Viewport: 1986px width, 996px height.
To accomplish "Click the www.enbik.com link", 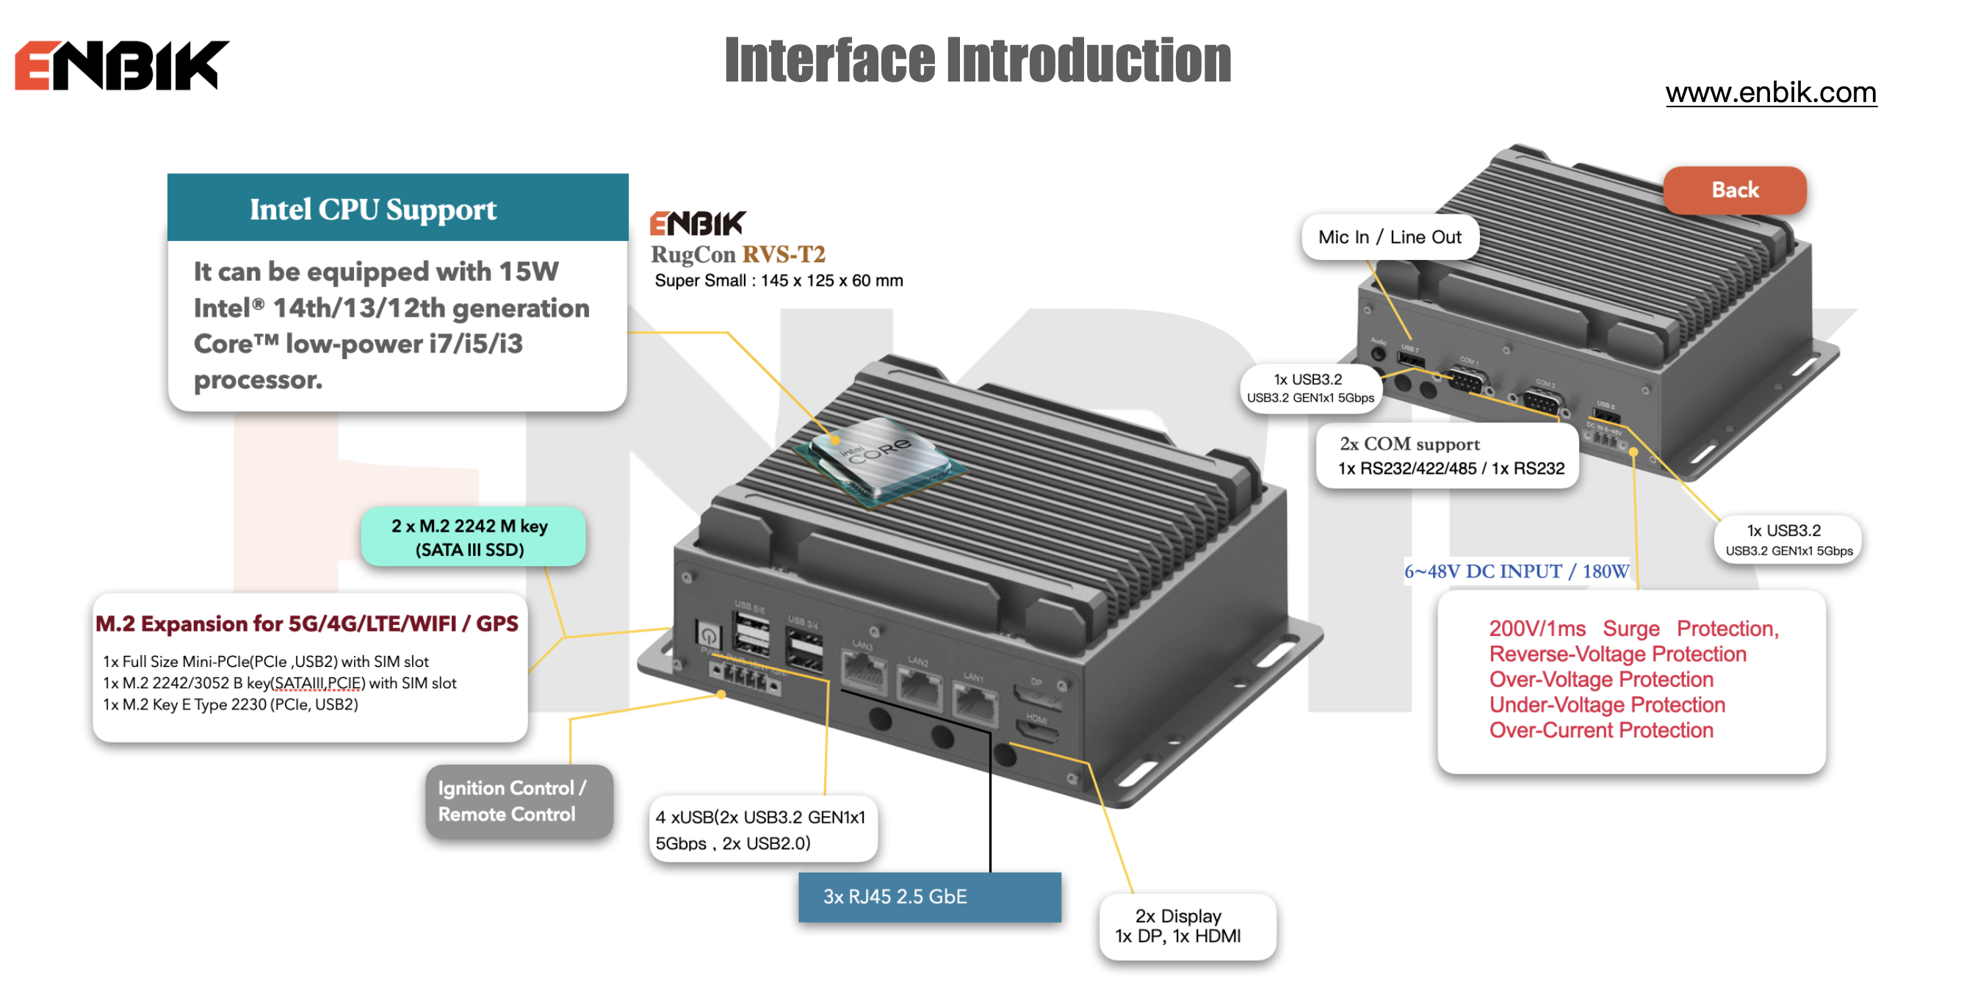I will click(x=1770, y=93).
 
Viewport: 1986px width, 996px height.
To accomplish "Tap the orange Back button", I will click(x=1734, y=190).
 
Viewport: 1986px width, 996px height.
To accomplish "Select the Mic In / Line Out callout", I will click(x=1390, y=237).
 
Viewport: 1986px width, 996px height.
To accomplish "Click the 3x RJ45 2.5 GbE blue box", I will click(x=929, y=897).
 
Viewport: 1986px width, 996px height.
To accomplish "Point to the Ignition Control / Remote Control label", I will click(x=519, y=801).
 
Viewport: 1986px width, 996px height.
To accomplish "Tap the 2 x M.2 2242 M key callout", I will click(x=472, y=538).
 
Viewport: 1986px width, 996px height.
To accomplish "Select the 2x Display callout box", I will click(x=1186, y=925).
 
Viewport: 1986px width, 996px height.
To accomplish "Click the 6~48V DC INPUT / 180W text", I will click(x=1516, y=571).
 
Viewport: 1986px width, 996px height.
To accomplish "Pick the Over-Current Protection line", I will click(x=1600, y=730).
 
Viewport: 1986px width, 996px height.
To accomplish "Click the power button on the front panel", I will click(x=708, y=635).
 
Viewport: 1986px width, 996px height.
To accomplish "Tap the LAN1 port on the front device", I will click(x=975, y=704).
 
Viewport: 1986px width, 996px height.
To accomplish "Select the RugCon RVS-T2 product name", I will click(x=738, y=253).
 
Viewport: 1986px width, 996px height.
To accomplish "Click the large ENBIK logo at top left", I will click(x=122, y=65).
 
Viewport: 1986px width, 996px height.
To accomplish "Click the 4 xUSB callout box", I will click(x=762, y=829).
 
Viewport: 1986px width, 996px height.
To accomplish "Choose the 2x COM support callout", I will click(x=1447, y=455).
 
